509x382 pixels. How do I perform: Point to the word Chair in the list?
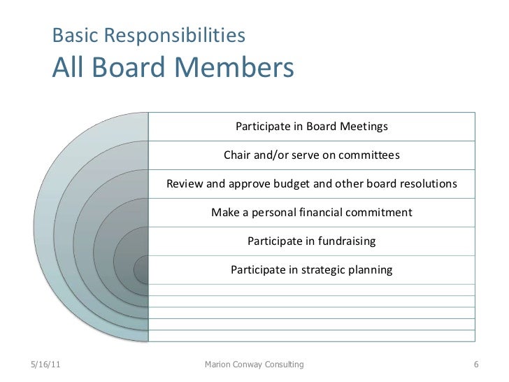238,155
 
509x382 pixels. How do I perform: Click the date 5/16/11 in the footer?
46,365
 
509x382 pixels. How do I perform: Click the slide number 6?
475,365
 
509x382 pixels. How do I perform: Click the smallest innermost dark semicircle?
142,269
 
